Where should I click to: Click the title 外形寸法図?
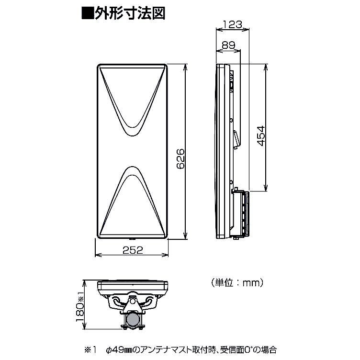click(130, 13)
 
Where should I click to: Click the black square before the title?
click(87, 13)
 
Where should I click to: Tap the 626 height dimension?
click(181, 158)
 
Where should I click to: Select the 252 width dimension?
click(133, 250)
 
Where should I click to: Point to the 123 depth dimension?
click(233, 24)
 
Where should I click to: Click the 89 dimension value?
click(228, 45)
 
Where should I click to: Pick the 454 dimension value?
click(261, 135)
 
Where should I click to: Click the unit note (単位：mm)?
click(237, 282)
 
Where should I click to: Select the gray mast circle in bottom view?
click(133, 319)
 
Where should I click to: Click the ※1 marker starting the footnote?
click(91, 350)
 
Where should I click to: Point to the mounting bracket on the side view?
click(241, 214)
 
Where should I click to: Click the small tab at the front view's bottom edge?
click(133, 238)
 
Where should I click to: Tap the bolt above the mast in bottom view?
click(132, 300)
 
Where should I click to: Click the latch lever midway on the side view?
click(236, 138)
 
